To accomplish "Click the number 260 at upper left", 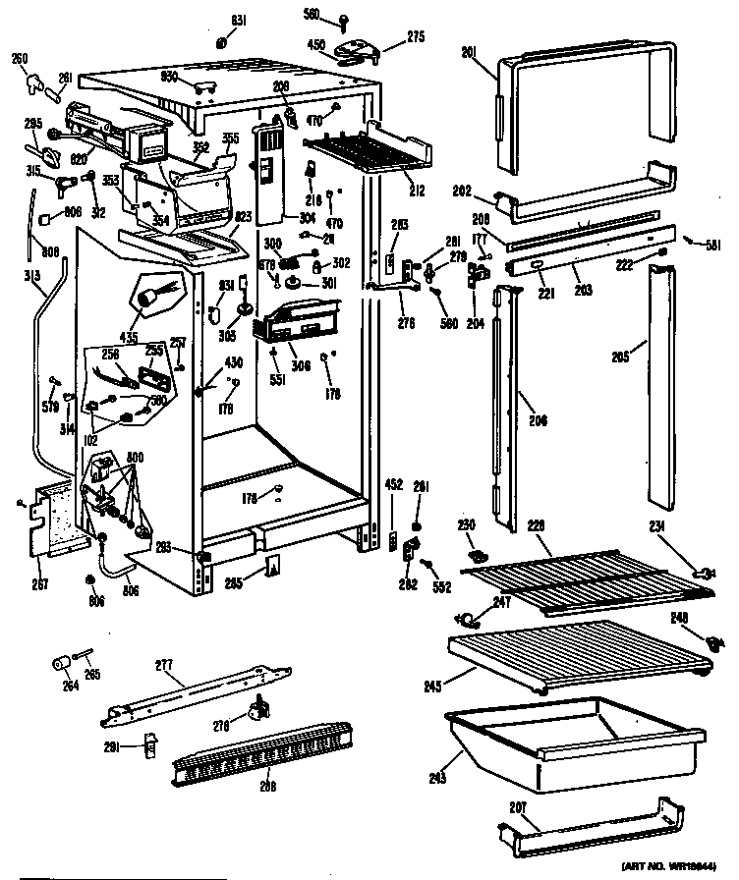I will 19,57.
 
